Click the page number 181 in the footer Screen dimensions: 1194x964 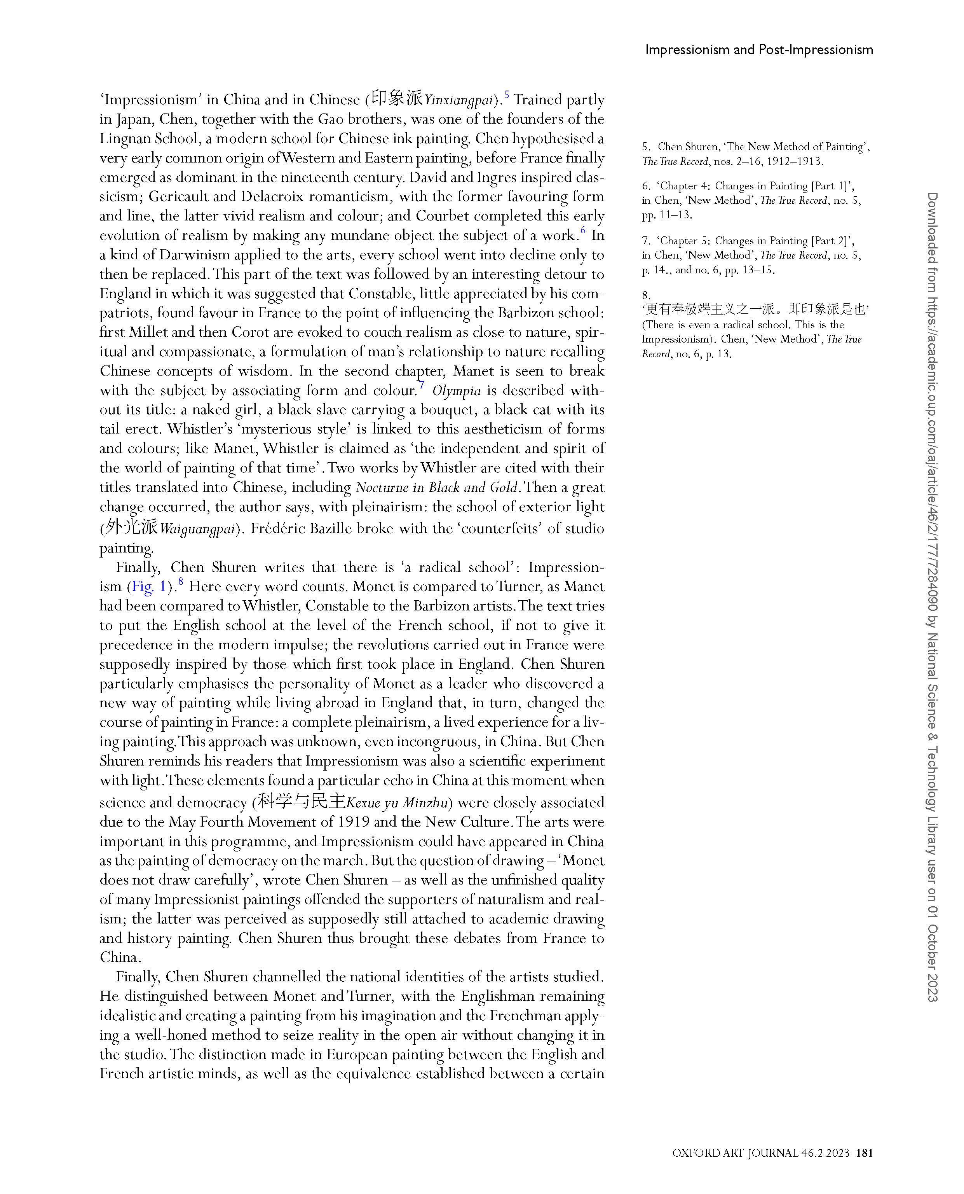865,1153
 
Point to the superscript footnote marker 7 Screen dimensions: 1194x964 422,385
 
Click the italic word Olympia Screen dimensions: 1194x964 457,391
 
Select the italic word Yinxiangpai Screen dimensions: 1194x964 458,101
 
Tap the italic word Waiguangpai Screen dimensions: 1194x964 197,529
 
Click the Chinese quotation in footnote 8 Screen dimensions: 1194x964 755,309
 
